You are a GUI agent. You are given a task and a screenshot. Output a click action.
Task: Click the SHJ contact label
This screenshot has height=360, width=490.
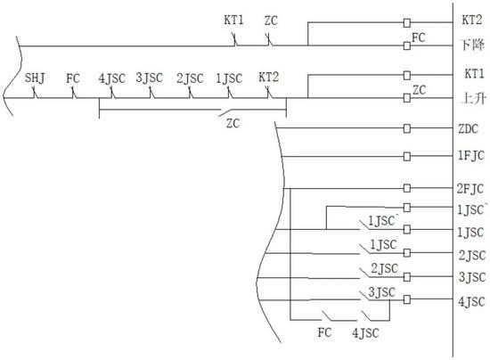click(x=35, y=78)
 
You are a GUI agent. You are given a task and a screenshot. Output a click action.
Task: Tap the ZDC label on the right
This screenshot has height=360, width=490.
click(x=468, y=128)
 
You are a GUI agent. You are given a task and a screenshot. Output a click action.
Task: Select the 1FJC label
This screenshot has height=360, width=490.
click(x=470, y=156)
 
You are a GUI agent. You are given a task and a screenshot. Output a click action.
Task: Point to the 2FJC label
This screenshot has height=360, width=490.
click(x=470, y=189)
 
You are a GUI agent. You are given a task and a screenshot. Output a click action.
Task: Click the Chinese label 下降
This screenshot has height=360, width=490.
click(x=473, y=45)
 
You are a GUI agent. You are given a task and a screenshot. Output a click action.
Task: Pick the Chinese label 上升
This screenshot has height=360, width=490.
click(x=474, y=99)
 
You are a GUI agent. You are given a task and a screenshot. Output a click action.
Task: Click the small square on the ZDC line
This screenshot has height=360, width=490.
click(x=406, y=128)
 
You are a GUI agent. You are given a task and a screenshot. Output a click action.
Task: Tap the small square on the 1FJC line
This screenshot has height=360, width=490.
click(x=406, y=156)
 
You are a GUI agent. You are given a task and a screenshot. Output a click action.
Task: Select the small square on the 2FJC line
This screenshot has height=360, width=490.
click(x=406, y=188)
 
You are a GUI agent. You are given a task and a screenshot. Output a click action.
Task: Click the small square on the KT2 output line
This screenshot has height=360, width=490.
click(x=406, y=23)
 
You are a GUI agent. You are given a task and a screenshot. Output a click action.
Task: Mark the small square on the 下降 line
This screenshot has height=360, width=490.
click(x=406, y=46)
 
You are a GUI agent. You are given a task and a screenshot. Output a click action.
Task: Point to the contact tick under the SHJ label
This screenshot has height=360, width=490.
click(x=35, y=93)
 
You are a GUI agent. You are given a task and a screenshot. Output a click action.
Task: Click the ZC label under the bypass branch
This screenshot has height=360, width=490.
click(x=233, y=124)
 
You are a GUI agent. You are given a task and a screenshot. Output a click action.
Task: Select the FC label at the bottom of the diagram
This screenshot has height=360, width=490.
click(x=324, y=332)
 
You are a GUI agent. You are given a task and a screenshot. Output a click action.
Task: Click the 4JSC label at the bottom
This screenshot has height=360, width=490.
click(x=365, y=333)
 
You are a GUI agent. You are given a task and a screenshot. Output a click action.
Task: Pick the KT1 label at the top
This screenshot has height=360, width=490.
click(x=233, y=20)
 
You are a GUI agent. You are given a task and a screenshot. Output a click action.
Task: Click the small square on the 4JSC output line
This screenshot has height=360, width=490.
click(x=406, y=299)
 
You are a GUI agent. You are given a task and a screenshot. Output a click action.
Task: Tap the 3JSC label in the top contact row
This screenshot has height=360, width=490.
click(x=150, y=78)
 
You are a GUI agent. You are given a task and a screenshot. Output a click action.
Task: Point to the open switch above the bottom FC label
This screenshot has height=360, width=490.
click(x=327, y=315)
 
